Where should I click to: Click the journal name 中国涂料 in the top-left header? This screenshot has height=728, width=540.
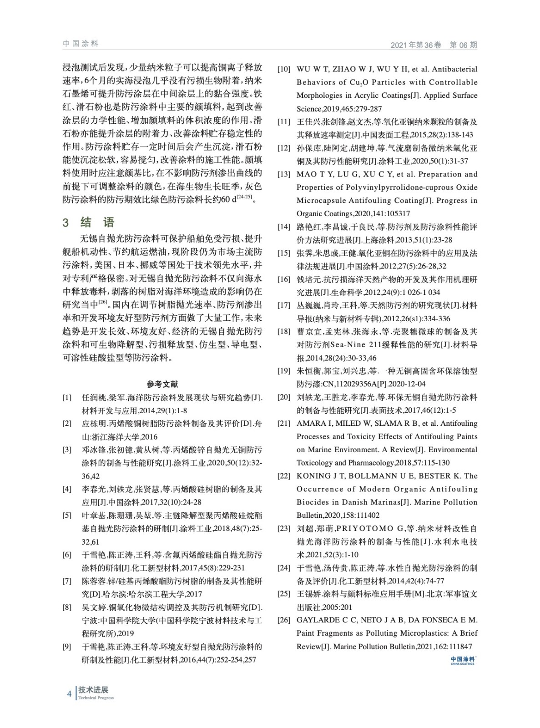pyautogui.click(x=81, y=44)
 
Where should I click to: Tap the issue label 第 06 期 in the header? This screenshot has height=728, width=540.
pyautogui.click(x=463, y=45)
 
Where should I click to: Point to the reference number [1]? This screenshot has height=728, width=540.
pyautogui.click(x=67, y=398)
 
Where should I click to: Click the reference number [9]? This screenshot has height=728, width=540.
pyautogui.click(x=67, y=647)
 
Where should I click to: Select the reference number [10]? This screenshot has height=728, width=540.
pyautogui.click(x=284, y=69)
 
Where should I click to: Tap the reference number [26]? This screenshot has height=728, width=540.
pyautogui.click(x=284, y=620)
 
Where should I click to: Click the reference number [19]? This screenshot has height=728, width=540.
pyautogui.click(x=284, y=371)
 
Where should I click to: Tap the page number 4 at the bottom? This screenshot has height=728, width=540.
pyautogui.click(x=69, y=694)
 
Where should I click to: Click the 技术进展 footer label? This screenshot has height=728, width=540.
pyautogui.click(x=93, y=690)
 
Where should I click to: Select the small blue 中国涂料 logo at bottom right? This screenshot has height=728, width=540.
pyautogui.click(x=463, y=660)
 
